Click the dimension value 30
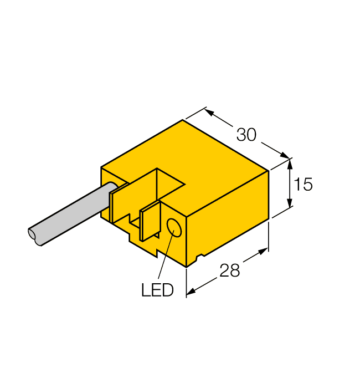coord(246,135)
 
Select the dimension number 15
coord(303,185)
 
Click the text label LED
coord(157,290)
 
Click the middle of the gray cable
coord(72,213)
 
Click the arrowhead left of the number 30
coord(209,112)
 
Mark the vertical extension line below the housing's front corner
coord(186,283)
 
